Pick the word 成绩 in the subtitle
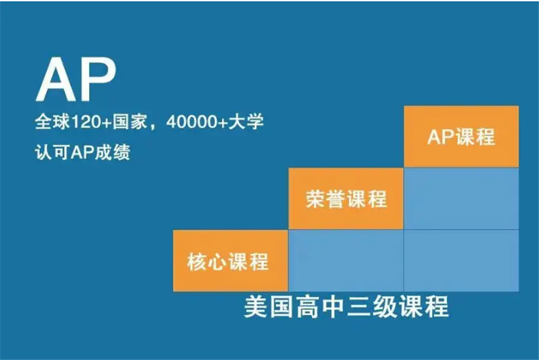113,152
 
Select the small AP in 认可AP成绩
80,152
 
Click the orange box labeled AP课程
461,137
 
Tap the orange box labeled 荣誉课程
346,198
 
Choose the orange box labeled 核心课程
230,261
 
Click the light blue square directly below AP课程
461,198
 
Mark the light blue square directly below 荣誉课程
346,261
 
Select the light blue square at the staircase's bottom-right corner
461,261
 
